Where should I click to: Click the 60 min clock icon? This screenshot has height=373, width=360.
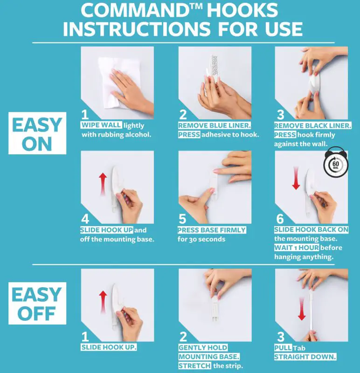point(334,165)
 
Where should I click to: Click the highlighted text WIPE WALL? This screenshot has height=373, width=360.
point(102,125)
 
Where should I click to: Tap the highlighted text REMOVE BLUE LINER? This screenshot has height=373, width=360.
point(214,125)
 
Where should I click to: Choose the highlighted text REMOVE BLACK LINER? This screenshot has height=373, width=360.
point(312,125)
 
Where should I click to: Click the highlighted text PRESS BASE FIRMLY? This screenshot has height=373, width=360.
point(212,230)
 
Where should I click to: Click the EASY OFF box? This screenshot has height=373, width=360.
point(36,304)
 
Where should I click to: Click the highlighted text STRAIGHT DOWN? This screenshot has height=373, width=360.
point(305,357)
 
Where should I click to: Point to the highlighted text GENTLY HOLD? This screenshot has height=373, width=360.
point(203,348)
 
